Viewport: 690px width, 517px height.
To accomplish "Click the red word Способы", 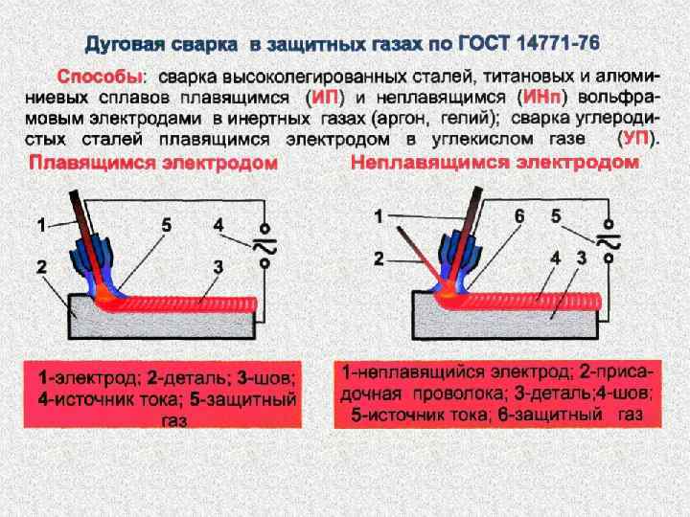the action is point(100,75).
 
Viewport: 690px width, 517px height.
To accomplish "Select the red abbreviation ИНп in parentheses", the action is point(542,98).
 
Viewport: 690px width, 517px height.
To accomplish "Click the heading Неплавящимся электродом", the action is point(494,163).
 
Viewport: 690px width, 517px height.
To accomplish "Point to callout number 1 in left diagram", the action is point(41,226).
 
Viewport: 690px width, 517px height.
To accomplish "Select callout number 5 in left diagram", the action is point(166,226).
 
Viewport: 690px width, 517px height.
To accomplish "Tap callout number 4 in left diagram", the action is point(218,225).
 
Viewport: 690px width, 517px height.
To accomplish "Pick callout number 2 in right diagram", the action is point(379,258).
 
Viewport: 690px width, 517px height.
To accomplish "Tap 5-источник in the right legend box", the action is point(393,415).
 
